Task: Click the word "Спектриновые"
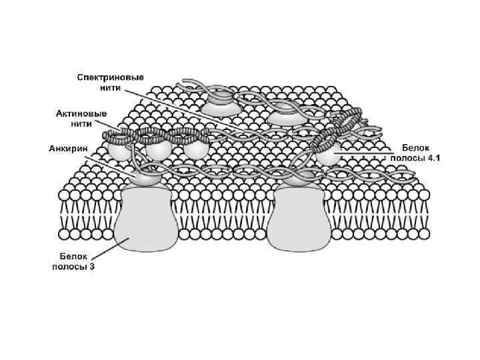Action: (110, 77)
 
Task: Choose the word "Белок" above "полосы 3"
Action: (74, 256)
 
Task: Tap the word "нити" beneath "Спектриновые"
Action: (110, 88)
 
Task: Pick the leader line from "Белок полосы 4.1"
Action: (363, 153)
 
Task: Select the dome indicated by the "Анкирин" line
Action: (145, 177)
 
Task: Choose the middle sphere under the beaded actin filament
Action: (158, 148)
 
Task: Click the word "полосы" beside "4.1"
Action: (405, 157)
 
